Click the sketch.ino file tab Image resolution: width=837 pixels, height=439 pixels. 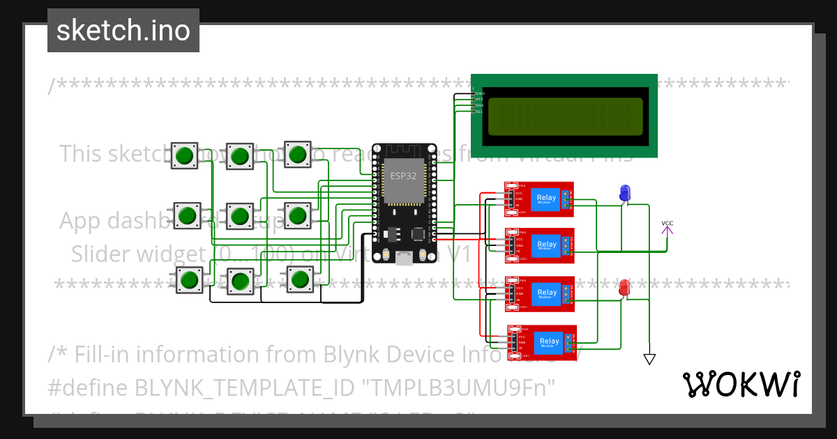123,31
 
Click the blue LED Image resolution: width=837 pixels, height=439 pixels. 624,192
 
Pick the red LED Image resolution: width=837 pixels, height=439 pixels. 624,286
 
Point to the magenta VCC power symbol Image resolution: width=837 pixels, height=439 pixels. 668,226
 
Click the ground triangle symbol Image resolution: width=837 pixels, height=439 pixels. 649,359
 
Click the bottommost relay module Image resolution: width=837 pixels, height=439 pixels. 542,343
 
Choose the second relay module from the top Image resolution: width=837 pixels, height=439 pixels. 539,245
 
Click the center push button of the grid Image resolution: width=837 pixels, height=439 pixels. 240,216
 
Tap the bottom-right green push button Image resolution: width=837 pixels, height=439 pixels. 300,279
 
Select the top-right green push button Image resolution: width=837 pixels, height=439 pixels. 298,154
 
